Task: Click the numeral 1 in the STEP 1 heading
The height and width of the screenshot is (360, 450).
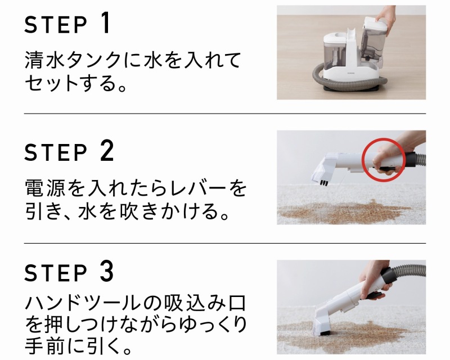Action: pos(106,23)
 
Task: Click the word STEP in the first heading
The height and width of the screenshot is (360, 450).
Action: pos(56,25)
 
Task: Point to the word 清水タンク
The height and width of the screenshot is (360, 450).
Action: pos(74,60)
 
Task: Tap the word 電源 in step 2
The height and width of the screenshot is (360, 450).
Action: pos(45,188)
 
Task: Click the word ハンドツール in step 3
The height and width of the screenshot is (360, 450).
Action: pos(83,303)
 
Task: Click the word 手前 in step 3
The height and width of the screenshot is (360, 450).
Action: pos(44,346)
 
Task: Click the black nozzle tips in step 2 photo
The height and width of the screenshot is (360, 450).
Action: pos(324,183)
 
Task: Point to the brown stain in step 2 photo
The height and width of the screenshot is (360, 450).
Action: pos(344,212)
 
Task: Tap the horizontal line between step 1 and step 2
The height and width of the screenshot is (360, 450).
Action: pos(225,114)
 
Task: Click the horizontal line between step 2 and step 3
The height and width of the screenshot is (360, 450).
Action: pos(225,243)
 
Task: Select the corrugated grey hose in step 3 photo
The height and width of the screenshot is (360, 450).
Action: pos(409,272)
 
